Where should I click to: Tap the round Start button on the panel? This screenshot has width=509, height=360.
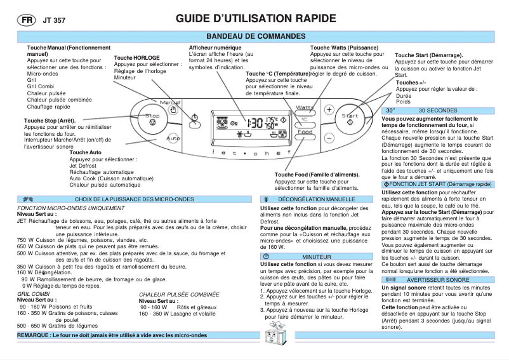tap(350, 119)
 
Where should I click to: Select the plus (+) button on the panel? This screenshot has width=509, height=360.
tap(329, 109)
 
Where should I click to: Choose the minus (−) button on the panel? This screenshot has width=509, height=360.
tap(329, 137)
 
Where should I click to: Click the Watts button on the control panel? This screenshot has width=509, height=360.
tap(305, 108)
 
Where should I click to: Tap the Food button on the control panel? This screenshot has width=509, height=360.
tap(305, 132)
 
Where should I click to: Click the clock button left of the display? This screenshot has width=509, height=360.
tap(195, 116)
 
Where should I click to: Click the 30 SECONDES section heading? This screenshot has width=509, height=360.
tap(438, 110)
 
